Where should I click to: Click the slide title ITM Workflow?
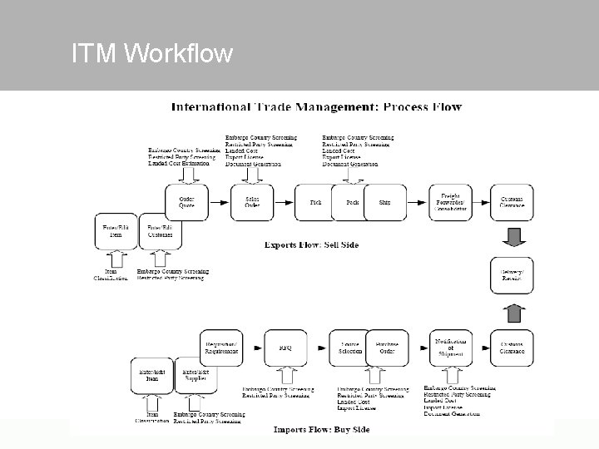tap(152, 55)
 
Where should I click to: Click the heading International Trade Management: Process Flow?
tap(316, 107)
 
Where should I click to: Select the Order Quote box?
tap(186, 202)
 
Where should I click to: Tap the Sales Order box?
tap(251, 202)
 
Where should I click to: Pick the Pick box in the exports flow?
tap(315, 202)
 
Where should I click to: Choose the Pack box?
tap(352, 202)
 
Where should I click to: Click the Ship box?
tap(384, 202)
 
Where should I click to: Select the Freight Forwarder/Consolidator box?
tap(450, 202)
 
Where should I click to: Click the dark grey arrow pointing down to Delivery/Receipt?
tap(512, 238)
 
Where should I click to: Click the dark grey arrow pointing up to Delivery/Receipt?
tap(512, 313)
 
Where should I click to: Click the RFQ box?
tap(285, 347)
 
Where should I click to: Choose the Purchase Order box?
tap(387, 347)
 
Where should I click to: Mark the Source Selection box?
tap(349, 347)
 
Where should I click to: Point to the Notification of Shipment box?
tap(450, 347)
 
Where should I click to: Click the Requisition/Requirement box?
tap(220, 347)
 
